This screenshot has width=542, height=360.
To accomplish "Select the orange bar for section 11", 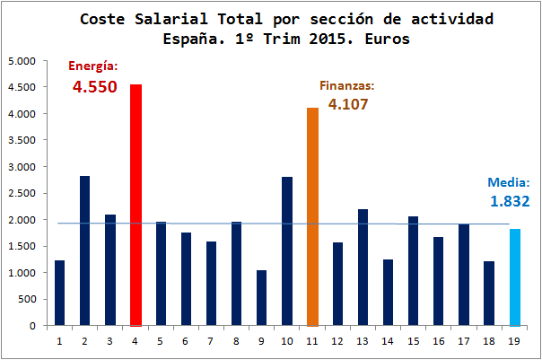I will [x=312, y=216].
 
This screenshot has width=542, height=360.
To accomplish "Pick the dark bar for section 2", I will [x=85, y=250].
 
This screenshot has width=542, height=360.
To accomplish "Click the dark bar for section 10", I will [x=287, y=250].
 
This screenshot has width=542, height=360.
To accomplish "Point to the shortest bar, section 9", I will [x=262, y=297].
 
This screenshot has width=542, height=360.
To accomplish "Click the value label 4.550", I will [x=94, y=88].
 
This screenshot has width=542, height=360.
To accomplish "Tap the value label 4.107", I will [x=348, y=104].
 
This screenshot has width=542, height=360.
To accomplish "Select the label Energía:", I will [x=94, y=66].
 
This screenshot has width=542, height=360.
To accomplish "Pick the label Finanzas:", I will [x=346, y=85].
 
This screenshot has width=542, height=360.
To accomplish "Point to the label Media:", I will [x=509, y=180].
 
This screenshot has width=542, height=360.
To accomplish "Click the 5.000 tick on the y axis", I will [x=21, y=61].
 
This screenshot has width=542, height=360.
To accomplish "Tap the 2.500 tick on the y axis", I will [x=21, y=193].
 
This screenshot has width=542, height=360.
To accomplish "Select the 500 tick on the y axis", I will [x=26, y=299].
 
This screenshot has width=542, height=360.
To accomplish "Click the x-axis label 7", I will [x=211, y=340].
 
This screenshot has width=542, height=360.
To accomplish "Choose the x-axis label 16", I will [x=439, y=340].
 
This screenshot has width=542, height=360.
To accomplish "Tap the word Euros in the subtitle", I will [x=388, y=39].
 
